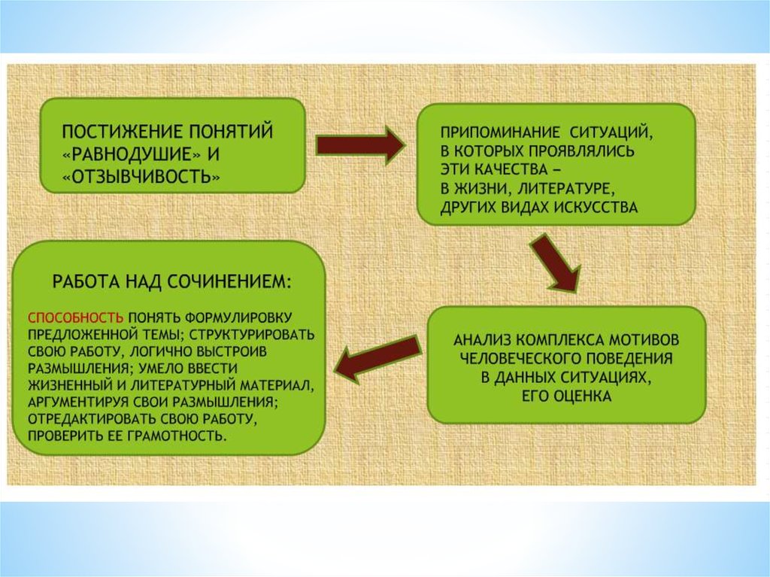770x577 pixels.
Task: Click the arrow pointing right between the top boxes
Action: (x=359, y=144)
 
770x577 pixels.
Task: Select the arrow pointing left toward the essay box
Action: (x=376, y=357)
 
